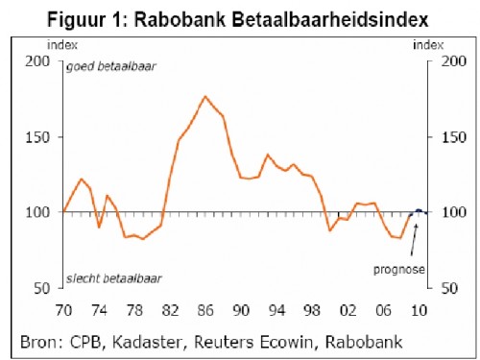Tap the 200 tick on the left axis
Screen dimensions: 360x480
pos(36,60)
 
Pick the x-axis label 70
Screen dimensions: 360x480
pos(63,312)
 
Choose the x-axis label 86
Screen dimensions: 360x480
pos(205,312)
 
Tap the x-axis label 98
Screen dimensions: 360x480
pos(312,312)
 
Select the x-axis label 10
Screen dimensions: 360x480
pos(419,312)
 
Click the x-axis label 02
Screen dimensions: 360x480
pos(348,312)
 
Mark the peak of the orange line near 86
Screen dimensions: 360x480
pos(204,97)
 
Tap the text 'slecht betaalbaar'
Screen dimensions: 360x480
pos(113,279)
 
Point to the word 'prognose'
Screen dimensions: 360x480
pos(399,270)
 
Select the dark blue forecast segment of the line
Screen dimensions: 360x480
pos(420,210)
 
